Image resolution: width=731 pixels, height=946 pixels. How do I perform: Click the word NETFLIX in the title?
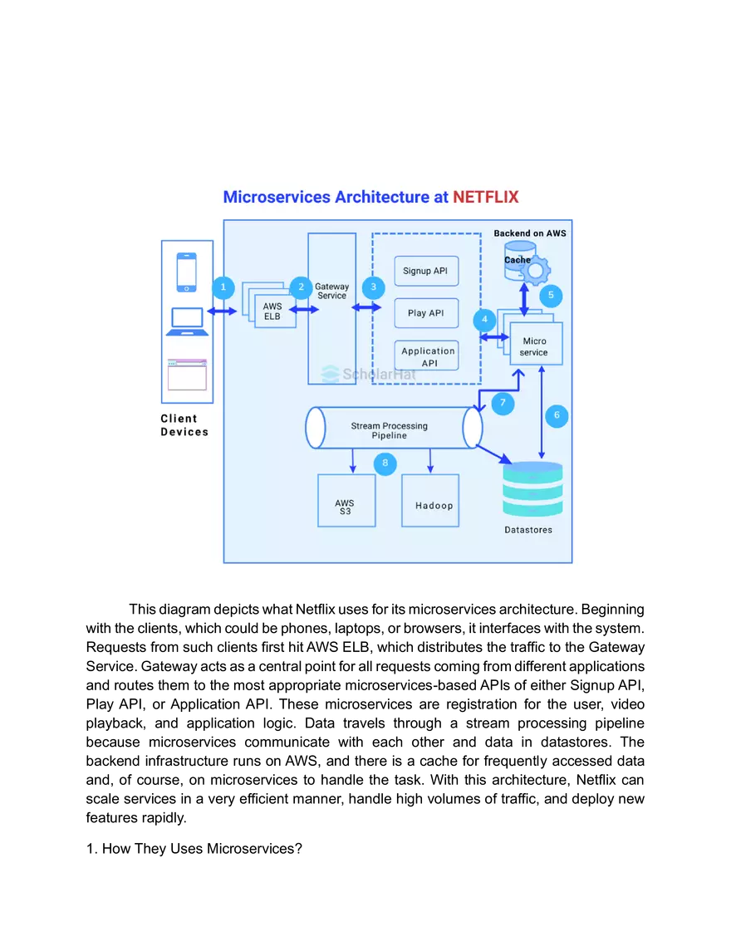click(485, 198)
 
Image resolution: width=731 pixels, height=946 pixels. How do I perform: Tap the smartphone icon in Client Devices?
click(187, 272)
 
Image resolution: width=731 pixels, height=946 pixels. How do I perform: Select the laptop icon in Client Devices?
click(187, 321)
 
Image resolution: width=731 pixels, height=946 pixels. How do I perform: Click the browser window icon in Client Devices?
click(187, 375)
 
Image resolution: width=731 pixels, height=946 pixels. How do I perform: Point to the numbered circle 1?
click(223, 287)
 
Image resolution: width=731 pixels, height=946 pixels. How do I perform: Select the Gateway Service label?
click(331, 291)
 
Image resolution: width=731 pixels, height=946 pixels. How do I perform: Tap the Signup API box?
click(425, 271)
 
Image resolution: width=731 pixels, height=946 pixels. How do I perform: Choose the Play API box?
click(425, 313)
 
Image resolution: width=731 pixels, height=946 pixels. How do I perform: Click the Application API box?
click(428, 356)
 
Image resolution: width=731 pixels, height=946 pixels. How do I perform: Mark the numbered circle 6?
click(557, 415)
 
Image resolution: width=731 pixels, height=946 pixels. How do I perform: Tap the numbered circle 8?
click(385, 463)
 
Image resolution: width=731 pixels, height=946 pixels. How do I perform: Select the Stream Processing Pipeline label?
click(389, 430)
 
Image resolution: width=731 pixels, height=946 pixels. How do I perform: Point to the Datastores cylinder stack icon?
click(532, 490)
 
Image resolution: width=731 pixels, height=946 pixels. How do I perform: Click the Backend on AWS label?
click(530, 233)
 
